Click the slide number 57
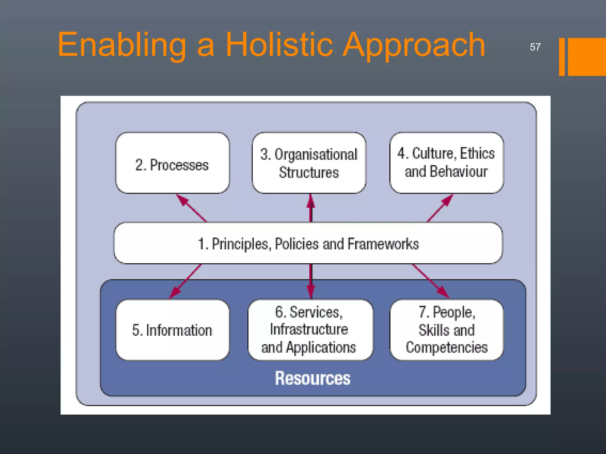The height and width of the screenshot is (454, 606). pyautogui.click(x=535, y=47)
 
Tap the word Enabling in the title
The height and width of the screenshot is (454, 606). pyautogui.click(x=122, y=45)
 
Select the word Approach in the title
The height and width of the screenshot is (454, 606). pyautogui.click(x=414, y=45)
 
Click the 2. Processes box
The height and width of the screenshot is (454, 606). pyautogui.click(x=172, y=163)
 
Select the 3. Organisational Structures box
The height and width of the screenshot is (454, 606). pyautogui.click(x=309, y=163)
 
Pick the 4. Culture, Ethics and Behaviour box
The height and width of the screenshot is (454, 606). pyautogui.click(x=446, y=163)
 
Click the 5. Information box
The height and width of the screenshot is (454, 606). pyautogui.click(x=172, y=330)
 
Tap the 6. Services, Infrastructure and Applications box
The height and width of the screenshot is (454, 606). pyautogui.click(x=310, y=330)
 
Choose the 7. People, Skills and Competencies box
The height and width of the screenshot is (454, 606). pyautogui.click(x=446, y=330)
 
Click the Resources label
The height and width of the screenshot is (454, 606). pyautogui.click(x=312, y=378)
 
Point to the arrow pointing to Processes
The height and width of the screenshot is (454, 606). pyautogui.click(x=191, y=207)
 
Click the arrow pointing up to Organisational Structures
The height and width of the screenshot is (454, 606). pyautogui.click(x=310, y=208)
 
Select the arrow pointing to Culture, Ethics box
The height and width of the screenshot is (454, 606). pyautogui.click(x=440, y=207)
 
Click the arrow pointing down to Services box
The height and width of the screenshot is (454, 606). pyautogui.click(x=310, y=281)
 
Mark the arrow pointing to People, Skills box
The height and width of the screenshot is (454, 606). pyautogui.click(x=430, y=281)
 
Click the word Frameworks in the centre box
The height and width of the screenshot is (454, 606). pyautogui.click(x=383, y=244)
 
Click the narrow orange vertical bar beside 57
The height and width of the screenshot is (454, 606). pyautogui.click(x=562, y=57)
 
